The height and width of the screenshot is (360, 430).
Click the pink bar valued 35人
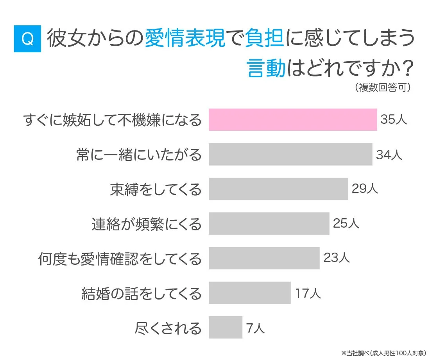point(292,119)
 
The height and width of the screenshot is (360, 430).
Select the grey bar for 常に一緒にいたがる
point(290,154)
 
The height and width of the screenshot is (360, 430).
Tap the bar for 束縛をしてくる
point(278,189)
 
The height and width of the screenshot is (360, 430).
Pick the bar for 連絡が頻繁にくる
point(269,223)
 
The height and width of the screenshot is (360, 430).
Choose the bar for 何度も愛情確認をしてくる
point(264,258)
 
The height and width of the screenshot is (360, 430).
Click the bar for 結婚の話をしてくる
point(249,292)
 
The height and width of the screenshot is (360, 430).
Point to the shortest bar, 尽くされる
point(225,327)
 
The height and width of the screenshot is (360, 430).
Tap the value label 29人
point(365,189)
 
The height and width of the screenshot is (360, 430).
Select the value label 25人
point(346,224)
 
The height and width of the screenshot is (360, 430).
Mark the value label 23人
point(337,258)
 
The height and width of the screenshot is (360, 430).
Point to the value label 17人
point(308,293)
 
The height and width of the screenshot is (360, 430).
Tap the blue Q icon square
point(27,39)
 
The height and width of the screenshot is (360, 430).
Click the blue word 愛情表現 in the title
point(185,39)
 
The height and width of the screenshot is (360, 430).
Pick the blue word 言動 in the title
point(265,68)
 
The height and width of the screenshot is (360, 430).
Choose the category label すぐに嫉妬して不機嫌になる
point(113,120)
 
